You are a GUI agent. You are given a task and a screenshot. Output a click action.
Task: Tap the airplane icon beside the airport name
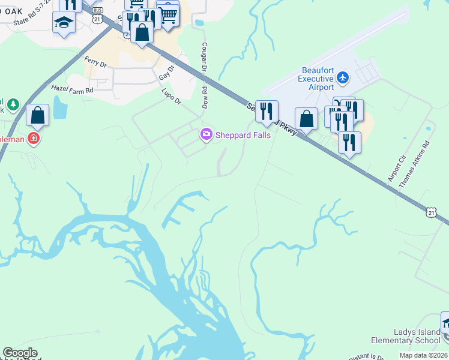343,77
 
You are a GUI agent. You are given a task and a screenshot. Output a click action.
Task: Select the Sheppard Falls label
243,135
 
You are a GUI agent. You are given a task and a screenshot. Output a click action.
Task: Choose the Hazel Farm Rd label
72,89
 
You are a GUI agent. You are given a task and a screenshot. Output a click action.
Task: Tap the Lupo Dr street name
171,97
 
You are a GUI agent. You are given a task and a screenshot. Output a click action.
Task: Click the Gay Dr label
166,73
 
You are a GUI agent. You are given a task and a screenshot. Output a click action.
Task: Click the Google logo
20,353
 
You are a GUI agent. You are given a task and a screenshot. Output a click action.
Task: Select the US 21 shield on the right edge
430,212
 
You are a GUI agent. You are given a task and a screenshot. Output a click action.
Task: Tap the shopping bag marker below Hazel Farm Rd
37,115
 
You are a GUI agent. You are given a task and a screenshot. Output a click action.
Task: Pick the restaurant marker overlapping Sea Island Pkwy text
267,111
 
